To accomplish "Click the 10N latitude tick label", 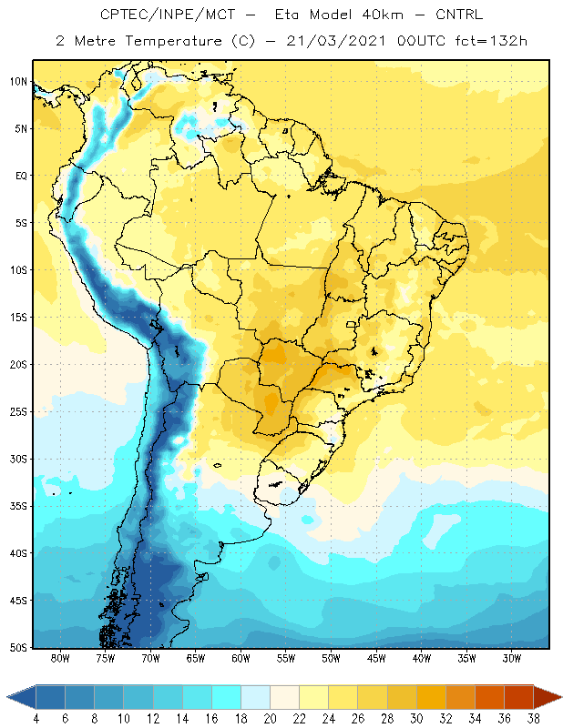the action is click(x=18, y=82).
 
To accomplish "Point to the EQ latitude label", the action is click(x=21, y=176).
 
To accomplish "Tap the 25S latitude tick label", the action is click(x=18, y=412).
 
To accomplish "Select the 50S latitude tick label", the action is click(x=18, y=648).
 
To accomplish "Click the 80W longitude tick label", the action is click(x=60, y=658).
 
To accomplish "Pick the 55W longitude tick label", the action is click(x=286, y=658).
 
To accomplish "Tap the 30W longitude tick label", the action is click(x=512, y=658).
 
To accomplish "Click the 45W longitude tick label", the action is click(x=376, y=658).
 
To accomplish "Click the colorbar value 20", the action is click(x=270, y=719).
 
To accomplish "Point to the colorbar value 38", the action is click(x=533, y=719).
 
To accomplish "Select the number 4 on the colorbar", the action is click(x=36, y=719).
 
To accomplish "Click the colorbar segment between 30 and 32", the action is click(x=431, y=697).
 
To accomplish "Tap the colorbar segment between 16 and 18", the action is click(x=227, y=697).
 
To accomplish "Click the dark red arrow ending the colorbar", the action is click(x=548, y=697).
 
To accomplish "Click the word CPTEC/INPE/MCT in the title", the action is click(x=168, y=15).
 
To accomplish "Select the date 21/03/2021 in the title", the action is click(x=336, y=41).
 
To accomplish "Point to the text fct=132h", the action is click(x=491, y=41).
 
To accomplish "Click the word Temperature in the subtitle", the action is click(x=173, y=41).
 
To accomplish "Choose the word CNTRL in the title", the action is click(x=459, y=15).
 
